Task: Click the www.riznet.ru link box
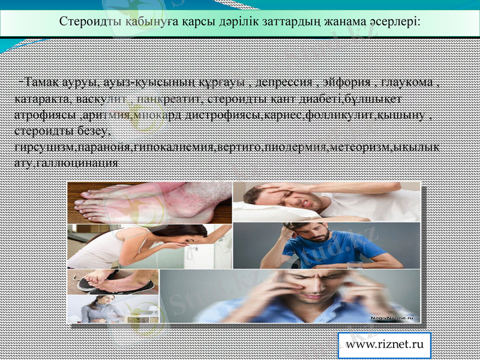385,345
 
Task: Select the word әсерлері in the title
395,21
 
